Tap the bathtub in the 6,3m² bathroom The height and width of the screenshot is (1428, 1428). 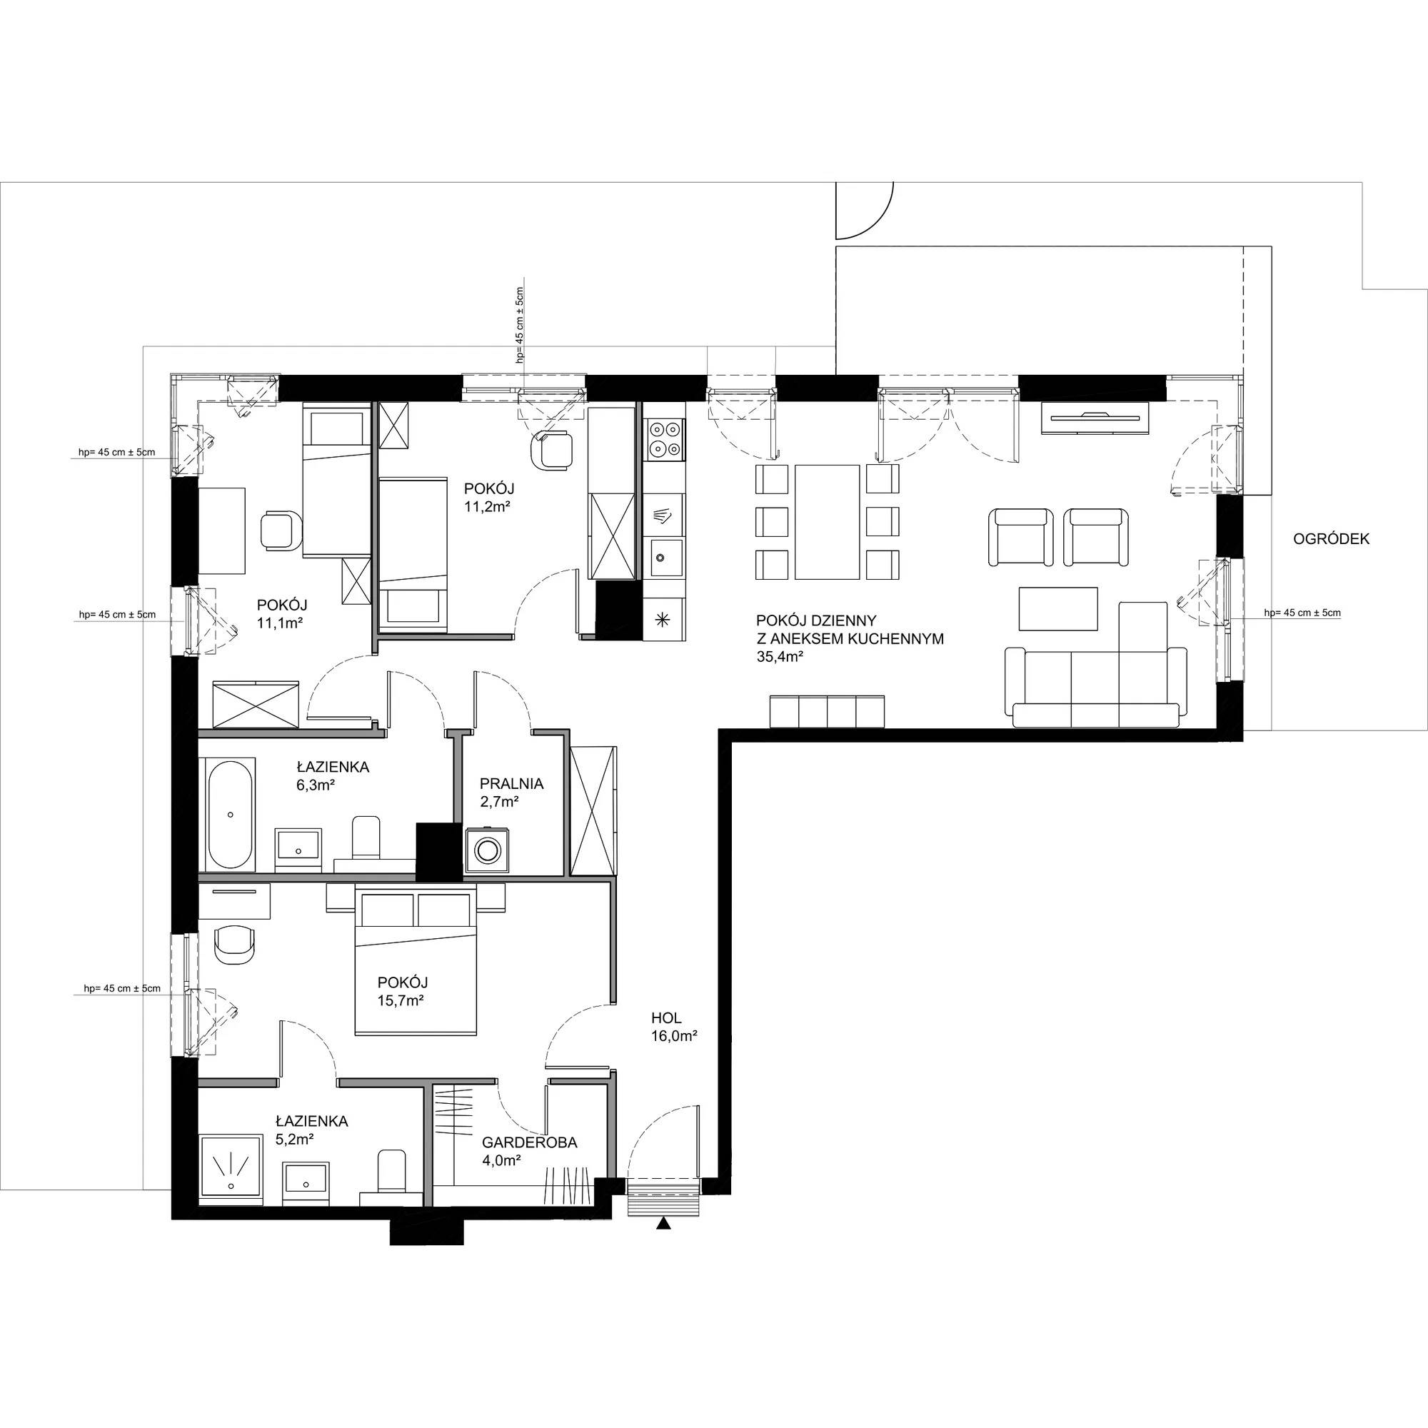tap(231, 815)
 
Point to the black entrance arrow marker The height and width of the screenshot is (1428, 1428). tap(664, 1225)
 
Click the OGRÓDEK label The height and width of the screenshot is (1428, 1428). tap(1331, 540)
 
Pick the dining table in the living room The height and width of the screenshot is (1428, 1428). tap(828, 522)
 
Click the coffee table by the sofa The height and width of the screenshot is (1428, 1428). tap(1057, 609)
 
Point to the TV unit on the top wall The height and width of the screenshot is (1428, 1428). tap(1096, 417)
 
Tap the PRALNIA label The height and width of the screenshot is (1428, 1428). tap(511, 783)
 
